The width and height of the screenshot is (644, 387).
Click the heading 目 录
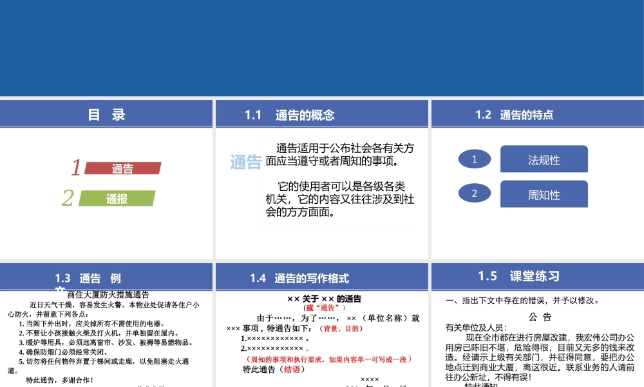pos(106,115)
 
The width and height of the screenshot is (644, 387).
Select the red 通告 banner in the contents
pos(123,169)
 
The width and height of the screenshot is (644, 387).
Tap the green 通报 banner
pos(117,199)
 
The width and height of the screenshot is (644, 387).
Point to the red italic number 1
pos(76,168)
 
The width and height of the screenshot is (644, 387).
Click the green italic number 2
pos(68,198)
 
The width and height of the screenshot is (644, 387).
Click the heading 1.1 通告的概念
pos(290,115)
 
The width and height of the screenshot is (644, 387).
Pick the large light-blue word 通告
pos(245,162)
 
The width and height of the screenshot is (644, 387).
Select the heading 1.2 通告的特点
pos(514,115)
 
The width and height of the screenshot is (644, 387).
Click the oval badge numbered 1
pos(475,159)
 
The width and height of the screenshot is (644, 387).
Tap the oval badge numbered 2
pos(475,193)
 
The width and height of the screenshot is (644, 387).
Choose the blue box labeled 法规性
pos(544,160)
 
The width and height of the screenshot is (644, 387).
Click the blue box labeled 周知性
pos(544,195)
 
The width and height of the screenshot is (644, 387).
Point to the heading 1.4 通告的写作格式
pos(299,278)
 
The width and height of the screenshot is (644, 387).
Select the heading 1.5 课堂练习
pos(518,276)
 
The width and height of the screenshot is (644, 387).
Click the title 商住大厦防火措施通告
pos(108,293)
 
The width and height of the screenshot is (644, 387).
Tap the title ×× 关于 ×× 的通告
pos(324,299)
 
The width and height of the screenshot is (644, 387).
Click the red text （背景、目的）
pos(342,328)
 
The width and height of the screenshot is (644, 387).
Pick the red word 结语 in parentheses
pos(290,370)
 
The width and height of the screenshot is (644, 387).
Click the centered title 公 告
pos(540,317)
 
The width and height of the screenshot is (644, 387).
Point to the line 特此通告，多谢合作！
pos(60,380)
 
